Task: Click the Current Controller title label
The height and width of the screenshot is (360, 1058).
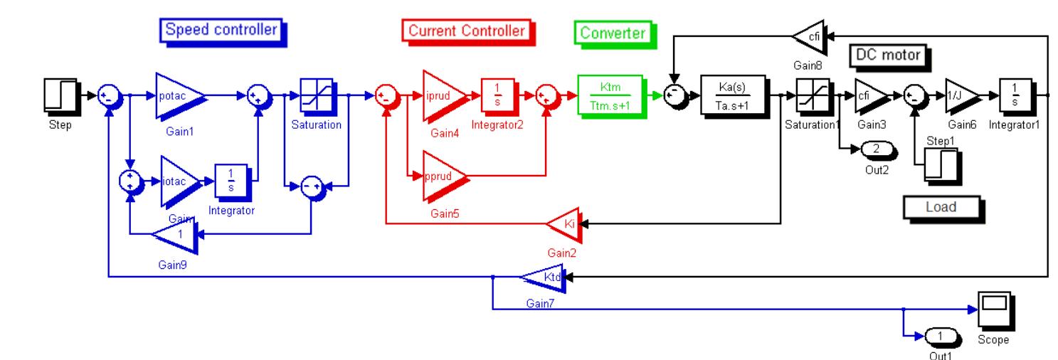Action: click(467, 31)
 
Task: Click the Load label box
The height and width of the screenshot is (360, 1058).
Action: click(941, 208)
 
